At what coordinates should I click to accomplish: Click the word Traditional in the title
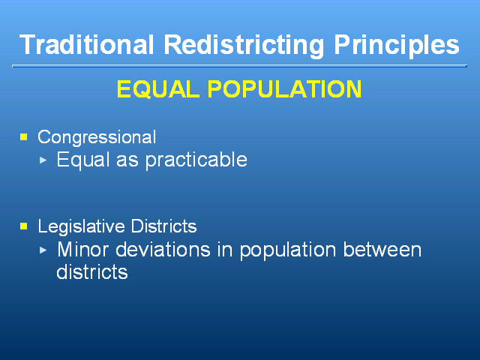pos(86,44)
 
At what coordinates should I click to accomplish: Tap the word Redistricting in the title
pos(244,45)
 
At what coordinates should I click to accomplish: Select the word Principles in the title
pos(397,45)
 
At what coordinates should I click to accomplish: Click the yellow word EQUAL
pos(158,89)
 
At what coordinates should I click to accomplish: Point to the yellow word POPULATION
pos(285,89)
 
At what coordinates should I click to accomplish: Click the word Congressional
pos(97,137)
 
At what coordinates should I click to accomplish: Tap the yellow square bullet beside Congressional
pos(23,136)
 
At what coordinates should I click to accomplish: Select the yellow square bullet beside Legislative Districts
pos(23,226)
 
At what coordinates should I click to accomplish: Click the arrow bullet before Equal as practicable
pos(43,160)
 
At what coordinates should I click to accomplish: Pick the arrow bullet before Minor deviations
pos(43,250)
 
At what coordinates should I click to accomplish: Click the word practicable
pos(196,160)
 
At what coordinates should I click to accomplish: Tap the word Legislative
pos(81,226)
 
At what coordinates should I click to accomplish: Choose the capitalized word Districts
pos(163,226)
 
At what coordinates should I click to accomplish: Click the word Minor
pos(83,250)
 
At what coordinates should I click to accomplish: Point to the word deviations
pos(163,250)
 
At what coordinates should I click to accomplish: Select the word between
pos(382,250)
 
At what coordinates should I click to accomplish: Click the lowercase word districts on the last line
pos(92,271)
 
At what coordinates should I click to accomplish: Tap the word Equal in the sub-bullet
pos(83,160)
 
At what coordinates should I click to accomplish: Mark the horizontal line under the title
pos(239,66)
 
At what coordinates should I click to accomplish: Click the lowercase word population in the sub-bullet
pos(288,250)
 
